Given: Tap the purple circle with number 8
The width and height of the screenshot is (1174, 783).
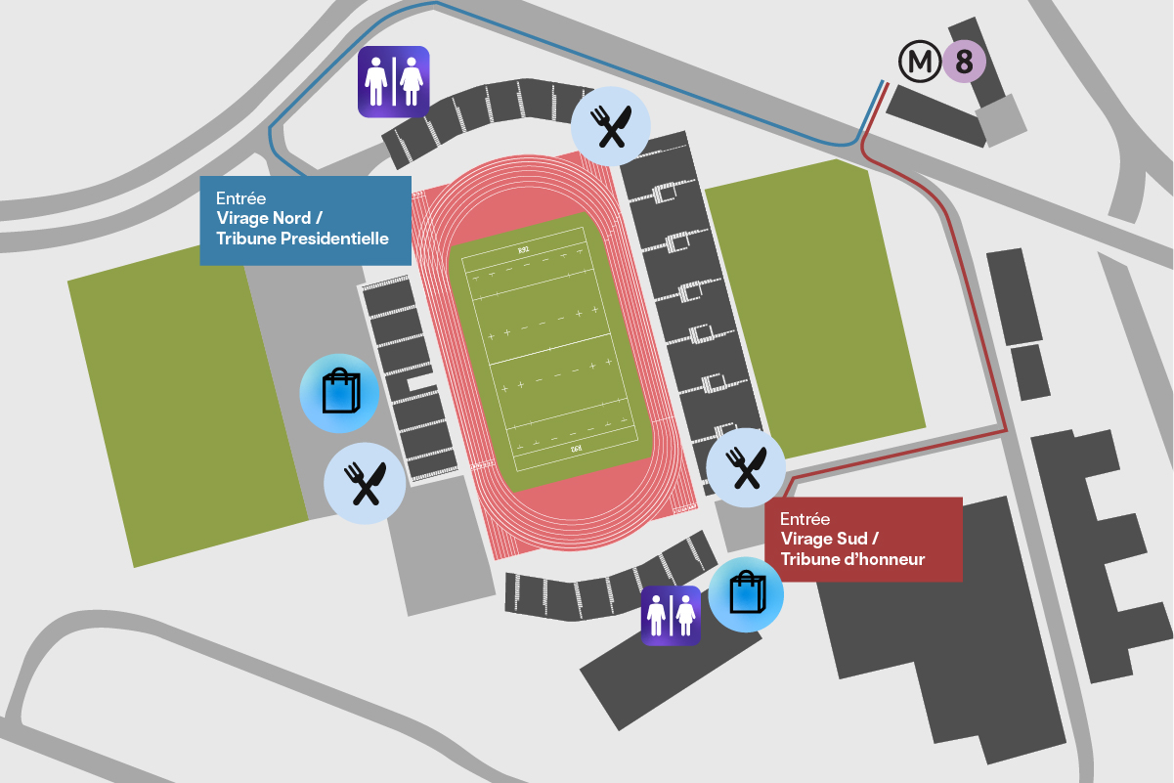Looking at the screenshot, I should click(x=964, y=64).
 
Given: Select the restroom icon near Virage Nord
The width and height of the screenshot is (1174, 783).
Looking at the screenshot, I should click(x=393, y=81).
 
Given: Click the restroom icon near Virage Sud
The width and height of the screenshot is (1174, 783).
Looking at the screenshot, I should click(x=671, y=616).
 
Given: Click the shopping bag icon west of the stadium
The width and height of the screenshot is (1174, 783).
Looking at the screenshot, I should click(x=338, y=393).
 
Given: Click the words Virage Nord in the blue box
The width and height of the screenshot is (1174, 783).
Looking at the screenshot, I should click(x=264, y=218).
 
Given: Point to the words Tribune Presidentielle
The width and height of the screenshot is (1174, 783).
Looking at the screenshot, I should click(x=302, y=239).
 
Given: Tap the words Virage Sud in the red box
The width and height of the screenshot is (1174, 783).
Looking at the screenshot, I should click(x=829, y=539).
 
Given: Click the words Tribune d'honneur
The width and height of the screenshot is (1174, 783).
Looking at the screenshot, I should click(x=852, y=559).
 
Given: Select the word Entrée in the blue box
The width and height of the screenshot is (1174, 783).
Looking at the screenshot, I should click(x=240, y=197).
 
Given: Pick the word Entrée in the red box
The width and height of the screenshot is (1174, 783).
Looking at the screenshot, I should click(x=805, y=519).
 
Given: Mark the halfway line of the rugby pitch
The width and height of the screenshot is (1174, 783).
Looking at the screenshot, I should click(x=550, y=354).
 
